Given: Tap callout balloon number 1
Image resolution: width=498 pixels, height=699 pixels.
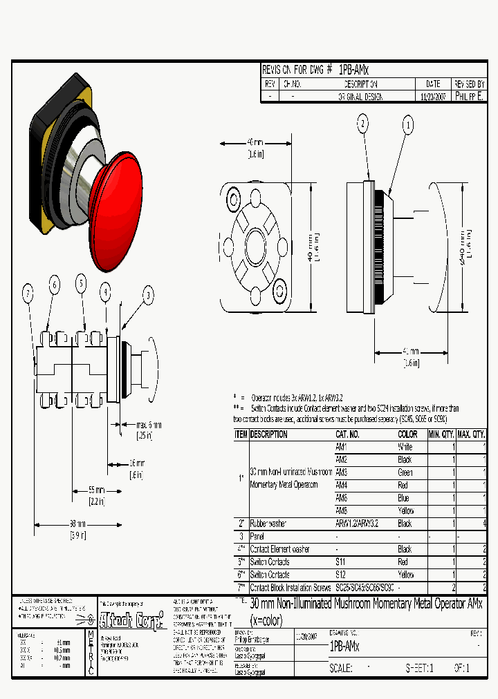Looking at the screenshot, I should click(409, 125).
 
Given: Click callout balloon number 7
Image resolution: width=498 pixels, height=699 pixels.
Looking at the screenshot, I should click(28, 294).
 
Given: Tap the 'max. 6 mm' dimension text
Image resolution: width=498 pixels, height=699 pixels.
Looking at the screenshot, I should click(150, 424).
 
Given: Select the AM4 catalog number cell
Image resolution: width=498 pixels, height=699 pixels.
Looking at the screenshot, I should click(342, 485).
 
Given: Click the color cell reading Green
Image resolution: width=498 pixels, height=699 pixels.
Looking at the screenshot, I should click(405, 472).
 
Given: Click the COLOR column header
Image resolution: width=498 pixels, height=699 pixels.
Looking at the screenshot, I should click(408, 434).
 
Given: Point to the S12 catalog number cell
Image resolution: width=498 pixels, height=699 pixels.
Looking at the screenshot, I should click(342, 574).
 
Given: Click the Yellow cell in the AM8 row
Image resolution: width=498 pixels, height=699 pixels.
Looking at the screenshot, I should click(406, 510).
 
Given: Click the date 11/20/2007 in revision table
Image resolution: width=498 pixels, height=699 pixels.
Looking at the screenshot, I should click(434, 97).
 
